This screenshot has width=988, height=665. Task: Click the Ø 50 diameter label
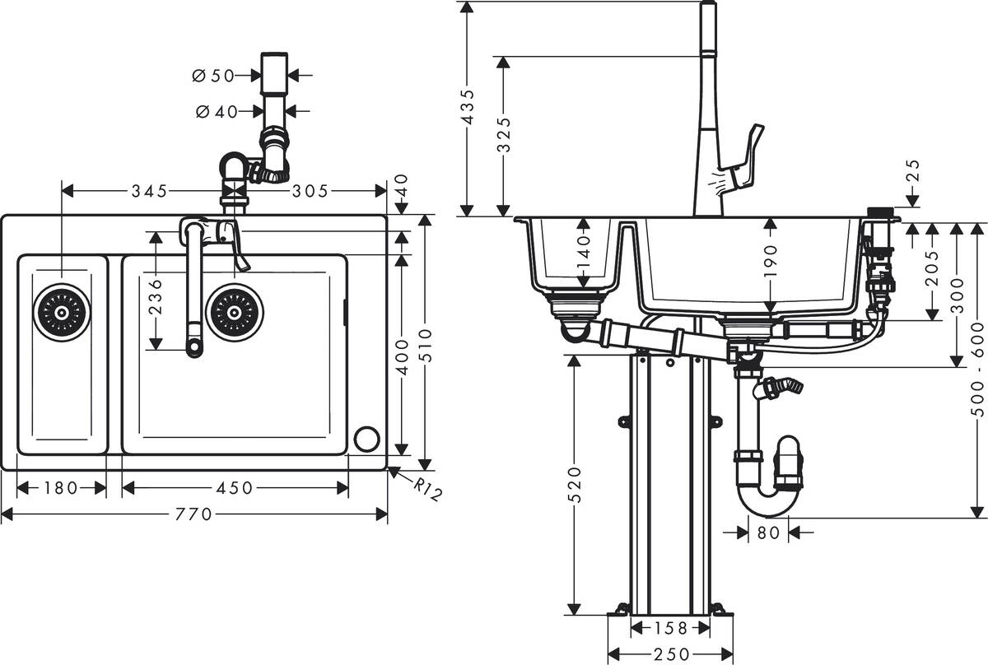click(212, 76)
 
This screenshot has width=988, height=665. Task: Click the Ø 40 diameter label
click(216, 111)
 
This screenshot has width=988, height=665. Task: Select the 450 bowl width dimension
click(234, 488)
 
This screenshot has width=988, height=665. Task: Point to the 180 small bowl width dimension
click(62, 488)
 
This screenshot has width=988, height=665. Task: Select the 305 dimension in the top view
click(311, 191)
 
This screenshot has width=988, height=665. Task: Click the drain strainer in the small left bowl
click(62, 312)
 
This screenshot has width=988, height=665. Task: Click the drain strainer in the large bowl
click(235, 312)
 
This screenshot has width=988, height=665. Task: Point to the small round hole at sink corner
click(366, 439)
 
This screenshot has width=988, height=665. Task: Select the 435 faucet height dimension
click(467, 107)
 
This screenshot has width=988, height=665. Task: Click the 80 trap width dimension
click(767, 532)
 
